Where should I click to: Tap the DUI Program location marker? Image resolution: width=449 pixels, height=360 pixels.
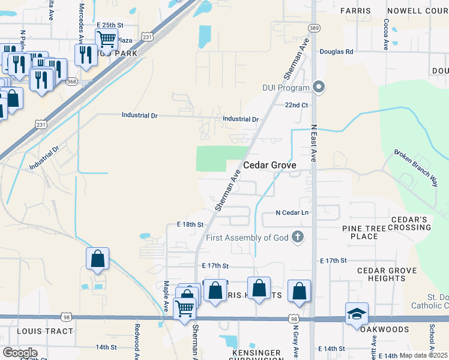[319, 88]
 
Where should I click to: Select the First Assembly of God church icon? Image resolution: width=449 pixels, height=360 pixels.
[297, 238]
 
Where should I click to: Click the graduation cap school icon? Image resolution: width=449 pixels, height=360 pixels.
[357, 314]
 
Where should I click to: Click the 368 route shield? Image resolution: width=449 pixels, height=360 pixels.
[71, 82]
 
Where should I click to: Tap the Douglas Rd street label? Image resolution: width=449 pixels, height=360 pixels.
[336, 52]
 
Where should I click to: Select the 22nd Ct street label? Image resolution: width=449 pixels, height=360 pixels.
[296, 105]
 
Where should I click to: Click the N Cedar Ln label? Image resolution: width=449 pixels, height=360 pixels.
[292, 212]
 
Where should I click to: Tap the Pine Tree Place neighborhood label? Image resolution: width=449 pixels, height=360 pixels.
[369, 232]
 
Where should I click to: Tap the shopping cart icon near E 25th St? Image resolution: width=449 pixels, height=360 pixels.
[106, 39]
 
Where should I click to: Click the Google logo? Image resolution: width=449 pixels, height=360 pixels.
[20, 353]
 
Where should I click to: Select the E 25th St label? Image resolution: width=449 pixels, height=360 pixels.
[109, 25]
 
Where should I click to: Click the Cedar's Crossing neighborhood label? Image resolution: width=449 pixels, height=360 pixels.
[410, 223]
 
